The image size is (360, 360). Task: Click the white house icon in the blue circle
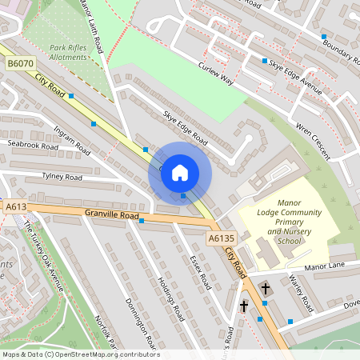coord(180,172)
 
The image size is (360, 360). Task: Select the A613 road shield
coord(16,206)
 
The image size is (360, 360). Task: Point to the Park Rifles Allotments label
coord(67,53)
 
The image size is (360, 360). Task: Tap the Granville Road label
coord(113,215)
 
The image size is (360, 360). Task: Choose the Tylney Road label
coord(62,177)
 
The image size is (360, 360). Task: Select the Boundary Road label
coord(339,50)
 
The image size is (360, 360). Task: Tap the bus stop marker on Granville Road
coord(141,222)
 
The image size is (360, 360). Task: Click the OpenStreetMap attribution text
coord(80,354)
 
